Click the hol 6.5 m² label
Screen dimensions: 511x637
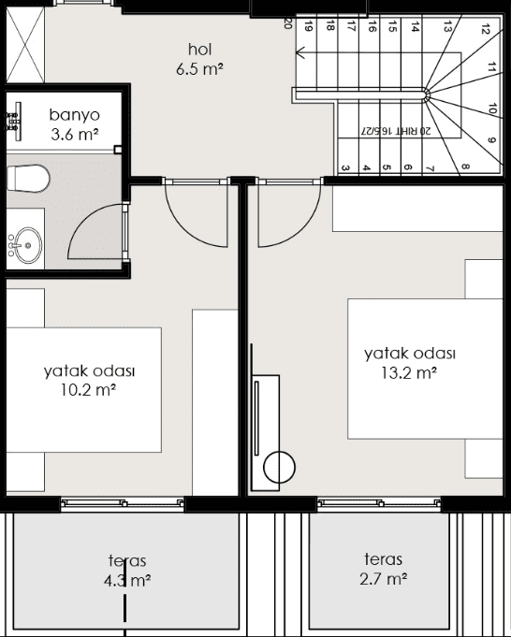[x=199, y=59]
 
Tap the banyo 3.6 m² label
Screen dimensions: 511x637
[x=74, y=124]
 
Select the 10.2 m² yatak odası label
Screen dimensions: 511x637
[x=90, y=381]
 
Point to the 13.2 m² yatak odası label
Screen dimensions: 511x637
[x=410, y=363]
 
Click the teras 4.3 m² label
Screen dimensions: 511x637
[x=127, y=571]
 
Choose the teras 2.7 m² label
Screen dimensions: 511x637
[x=384, y=569]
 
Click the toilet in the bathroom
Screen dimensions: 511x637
[x=28, y=179]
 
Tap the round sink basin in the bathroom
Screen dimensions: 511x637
[x=28, y=245]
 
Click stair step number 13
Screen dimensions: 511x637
[x=447, y=28]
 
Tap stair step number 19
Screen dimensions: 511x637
[x=309, y=27]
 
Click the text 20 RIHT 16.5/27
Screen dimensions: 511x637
[x=396, y=131]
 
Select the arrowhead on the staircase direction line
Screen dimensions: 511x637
[x=300, y=52]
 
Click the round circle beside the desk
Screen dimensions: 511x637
[x=279, y=467]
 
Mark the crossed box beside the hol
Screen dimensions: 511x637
[x=25, y=45]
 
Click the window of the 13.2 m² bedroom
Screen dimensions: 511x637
[x=379, y=503]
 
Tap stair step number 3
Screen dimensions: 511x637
[x=344, y=168]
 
